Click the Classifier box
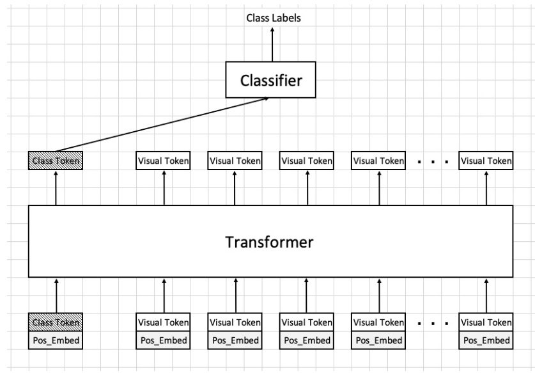click(x=270, y=79)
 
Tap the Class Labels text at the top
click(x=274, y=18)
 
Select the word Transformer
click(x=269, y=242)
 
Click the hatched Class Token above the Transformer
click(x=56, y=161)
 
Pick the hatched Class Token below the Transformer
click(x=56, y=322)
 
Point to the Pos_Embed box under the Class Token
click(x=56, y=340)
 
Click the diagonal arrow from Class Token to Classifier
click(x=162, y=125)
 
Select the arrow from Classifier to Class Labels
click(x=272, y=44)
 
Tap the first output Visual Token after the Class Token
click(x=163, y=161)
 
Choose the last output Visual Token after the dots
click(x=486, y=161)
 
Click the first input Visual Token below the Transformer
click(x=163, y=322)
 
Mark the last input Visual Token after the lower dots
click(x=486, y=322)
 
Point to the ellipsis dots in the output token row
click(x=433, y=162)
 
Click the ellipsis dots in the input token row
click(x=433, y=324)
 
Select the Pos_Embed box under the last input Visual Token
click(x=486, y=340)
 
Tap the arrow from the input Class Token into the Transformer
click(x=56, y=296)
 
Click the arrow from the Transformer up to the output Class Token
click(x=56, y=188)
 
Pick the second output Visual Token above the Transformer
click(x=235, y=161)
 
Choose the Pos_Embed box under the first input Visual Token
click(x=163, y=340)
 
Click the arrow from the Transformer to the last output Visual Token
click(x=486, y=188)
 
